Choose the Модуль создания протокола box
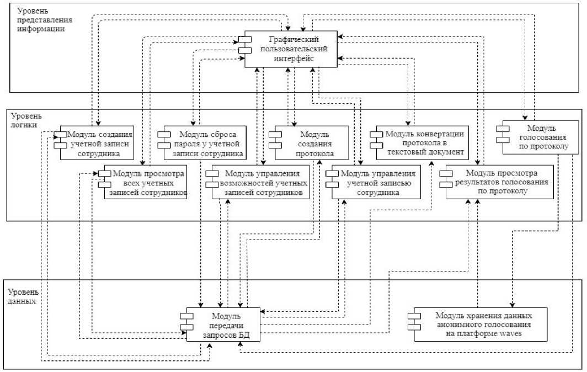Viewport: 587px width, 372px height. click(x=311, y=142)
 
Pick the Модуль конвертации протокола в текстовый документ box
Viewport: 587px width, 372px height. click(x=419, y=142)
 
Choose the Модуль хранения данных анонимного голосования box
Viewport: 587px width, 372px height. click(x=480, y=325)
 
